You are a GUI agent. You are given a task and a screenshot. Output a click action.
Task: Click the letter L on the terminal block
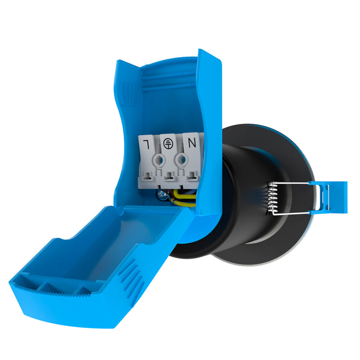click(146, 144)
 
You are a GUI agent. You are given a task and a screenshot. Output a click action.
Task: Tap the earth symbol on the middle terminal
click(167, 143)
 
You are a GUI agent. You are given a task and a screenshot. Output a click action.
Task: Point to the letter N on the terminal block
click(192, 143)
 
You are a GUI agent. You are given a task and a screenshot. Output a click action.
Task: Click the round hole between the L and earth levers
click(159, 160)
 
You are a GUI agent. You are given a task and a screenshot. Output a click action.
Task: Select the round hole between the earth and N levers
click(182, 159)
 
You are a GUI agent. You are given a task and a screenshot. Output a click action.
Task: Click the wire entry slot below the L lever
click(148, 176)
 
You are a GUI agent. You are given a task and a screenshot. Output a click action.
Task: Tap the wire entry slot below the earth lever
click(170, 176)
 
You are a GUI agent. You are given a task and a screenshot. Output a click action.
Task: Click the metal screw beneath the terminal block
click(162, 195)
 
